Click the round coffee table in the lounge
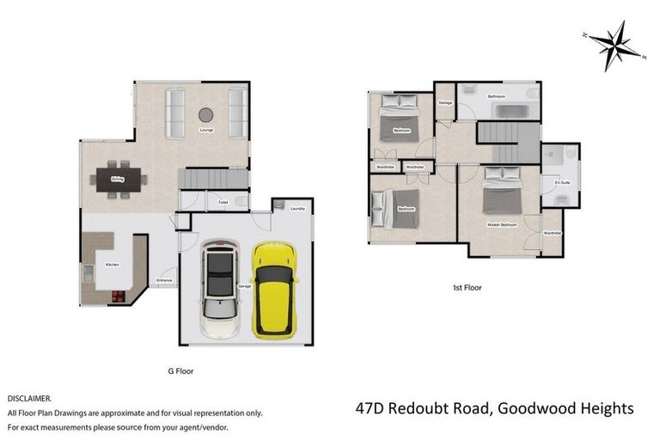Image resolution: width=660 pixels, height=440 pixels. click(206, 114)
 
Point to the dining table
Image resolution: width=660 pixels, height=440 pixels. click(120, 180)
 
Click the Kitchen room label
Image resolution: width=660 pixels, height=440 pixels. click(112, 265)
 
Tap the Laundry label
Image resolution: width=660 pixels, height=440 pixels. click(298, 209)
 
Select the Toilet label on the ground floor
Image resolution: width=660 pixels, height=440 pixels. click(223, 203)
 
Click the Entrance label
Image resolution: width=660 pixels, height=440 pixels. click(164, 281)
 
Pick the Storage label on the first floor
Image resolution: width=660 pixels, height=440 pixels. click(445, 103)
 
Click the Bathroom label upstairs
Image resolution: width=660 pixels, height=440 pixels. click(497, 96)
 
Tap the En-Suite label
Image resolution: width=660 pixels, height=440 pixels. click(563, 183)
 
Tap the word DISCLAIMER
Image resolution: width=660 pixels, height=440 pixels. click(29, 399)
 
